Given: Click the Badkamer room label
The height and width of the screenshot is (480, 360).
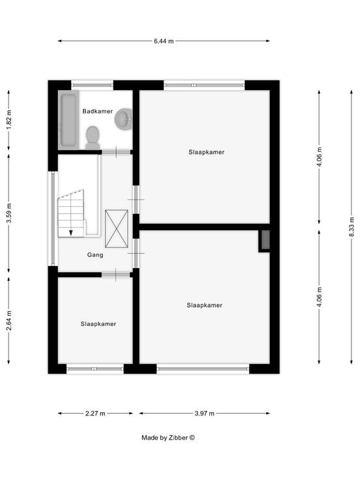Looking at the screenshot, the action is pyautogui.click(x=98, y=111).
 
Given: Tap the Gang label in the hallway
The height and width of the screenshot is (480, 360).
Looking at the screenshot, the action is pyautogui.click(x=95, y=255).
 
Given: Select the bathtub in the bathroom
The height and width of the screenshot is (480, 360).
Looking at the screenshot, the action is pyautogui.click(x=68, y=120).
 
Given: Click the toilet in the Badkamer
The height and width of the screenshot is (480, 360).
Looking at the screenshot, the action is pyautogui.click(x=93, y=138).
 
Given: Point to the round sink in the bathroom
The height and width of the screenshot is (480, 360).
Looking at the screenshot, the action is pyautogui.click(x=124, y=119).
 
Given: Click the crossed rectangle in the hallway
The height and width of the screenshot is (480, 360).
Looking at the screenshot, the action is pyautogui.click(x=117, y=229).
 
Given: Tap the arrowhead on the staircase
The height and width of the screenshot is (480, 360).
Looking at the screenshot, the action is pyautogui.click(x=71, y=233).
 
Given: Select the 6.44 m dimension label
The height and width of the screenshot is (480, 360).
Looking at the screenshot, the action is pyautogui.click(x=164, y=41).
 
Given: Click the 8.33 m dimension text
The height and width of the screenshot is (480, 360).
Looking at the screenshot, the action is pyautogui.click(x=352, y=226).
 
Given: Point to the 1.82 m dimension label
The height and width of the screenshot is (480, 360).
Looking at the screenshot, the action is pyautogui.click(x=9, y=119).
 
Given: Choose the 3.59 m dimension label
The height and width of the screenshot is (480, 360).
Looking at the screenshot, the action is pyautogui.click(x=9, y=213).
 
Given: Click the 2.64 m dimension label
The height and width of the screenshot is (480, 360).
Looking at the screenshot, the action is pyautogui.click(x=9, y=320).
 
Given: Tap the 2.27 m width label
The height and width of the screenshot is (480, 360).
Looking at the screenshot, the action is pyautogui.click(x=95, y=413).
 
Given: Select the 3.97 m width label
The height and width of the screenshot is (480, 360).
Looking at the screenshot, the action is pyautogui.click(x=205, y=413).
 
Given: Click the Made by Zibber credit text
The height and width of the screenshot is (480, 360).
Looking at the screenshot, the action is pyautogui.click(x=168, y=438).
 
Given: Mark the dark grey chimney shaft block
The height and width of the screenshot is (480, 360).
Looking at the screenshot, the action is pyautogui.click(x=265, y=240).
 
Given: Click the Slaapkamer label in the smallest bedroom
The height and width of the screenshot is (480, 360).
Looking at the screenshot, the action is pyautogui.click(x=98, y=324).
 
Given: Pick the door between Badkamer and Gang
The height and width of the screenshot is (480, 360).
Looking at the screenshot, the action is pyautogui.click(x=116, y=152).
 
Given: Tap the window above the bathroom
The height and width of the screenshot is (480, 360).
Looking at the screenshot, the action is pyautogui.click(x=93, y=85).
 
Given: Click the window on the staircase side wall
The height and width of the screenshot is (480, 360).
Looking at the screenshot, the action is pyautogui.click(x=53, y=218).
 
